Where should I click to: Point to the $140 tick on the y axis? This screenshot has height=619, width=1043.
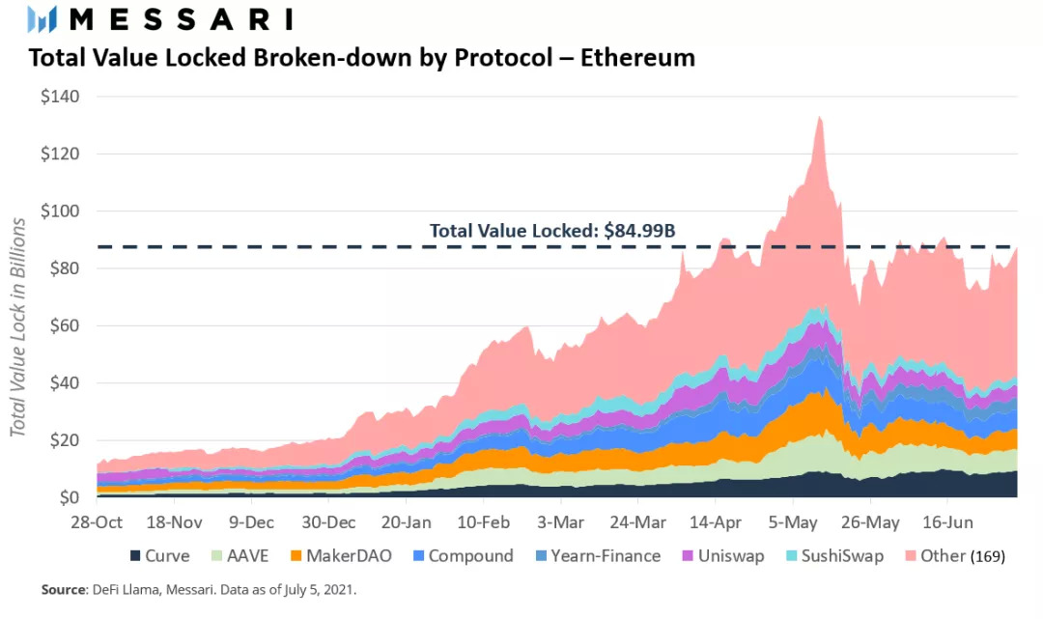point(61,97)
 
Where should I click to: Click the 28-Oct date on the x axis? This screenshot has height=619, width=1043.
point(98,522)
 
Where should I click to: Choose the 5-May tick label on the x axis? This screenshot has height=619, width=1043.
point(793,522)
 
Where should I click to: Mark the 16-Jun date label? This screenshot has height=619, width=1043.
point(945,522)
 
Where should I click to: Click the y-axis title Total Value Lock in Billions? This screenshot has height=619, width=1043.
point(18,326)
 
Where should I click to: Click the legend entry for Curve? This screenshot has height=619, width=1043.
point(159,556)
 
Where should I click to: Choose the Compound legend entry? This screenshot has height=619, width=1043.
point(462,556)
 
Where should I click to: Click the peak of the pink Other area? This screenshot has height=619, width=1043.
point(820,118)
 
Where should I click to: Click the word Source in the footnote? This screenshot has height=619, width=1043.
point(62,589)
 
